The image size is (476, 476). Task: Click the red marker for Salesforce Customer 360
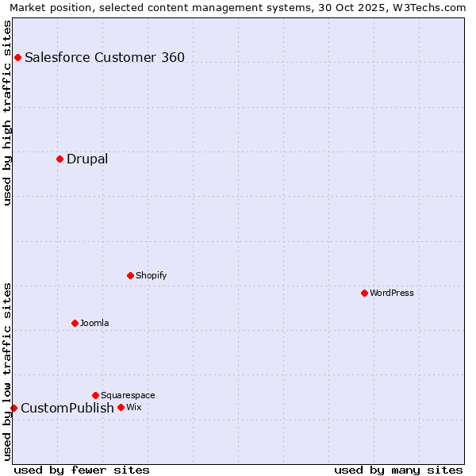17,57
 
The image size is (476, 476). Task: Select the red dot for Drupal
59,159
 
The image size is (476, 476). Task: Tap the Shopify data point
130,275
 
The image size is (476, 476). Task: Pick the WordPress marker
364,293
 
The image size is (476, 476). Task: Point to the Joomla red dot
75,323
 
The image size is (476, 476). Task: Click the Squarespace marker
95,395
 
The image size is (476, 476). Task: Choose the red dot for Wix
121,407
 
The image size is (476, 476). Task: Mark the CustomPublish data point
13,408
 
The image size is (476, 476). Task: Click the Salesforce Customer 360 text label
105,57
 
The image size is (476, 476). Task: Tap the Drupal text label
87,159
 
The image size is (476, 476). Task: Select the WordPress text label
392,293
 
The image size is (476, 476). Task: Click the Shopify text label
151,275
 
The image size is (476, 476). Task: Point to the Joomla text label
94,323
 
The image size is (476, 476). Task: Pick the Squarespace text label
128,395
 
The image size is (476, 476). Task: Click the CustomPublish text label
67,408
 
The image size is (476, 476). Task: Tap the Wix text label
133,407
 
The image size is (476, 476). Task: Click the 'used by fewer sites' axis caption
82,470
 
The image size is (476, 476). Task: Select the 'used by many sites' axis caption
398,470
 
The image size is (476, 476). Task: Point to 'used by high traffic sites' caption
7,113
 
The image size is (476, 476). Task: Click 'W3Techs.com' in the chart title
429,7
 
